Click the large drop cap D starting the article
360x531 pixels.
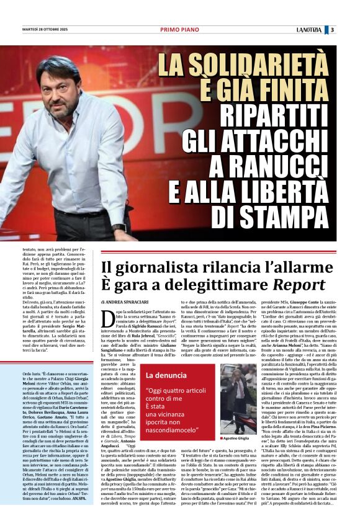(x=107, y=315)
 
